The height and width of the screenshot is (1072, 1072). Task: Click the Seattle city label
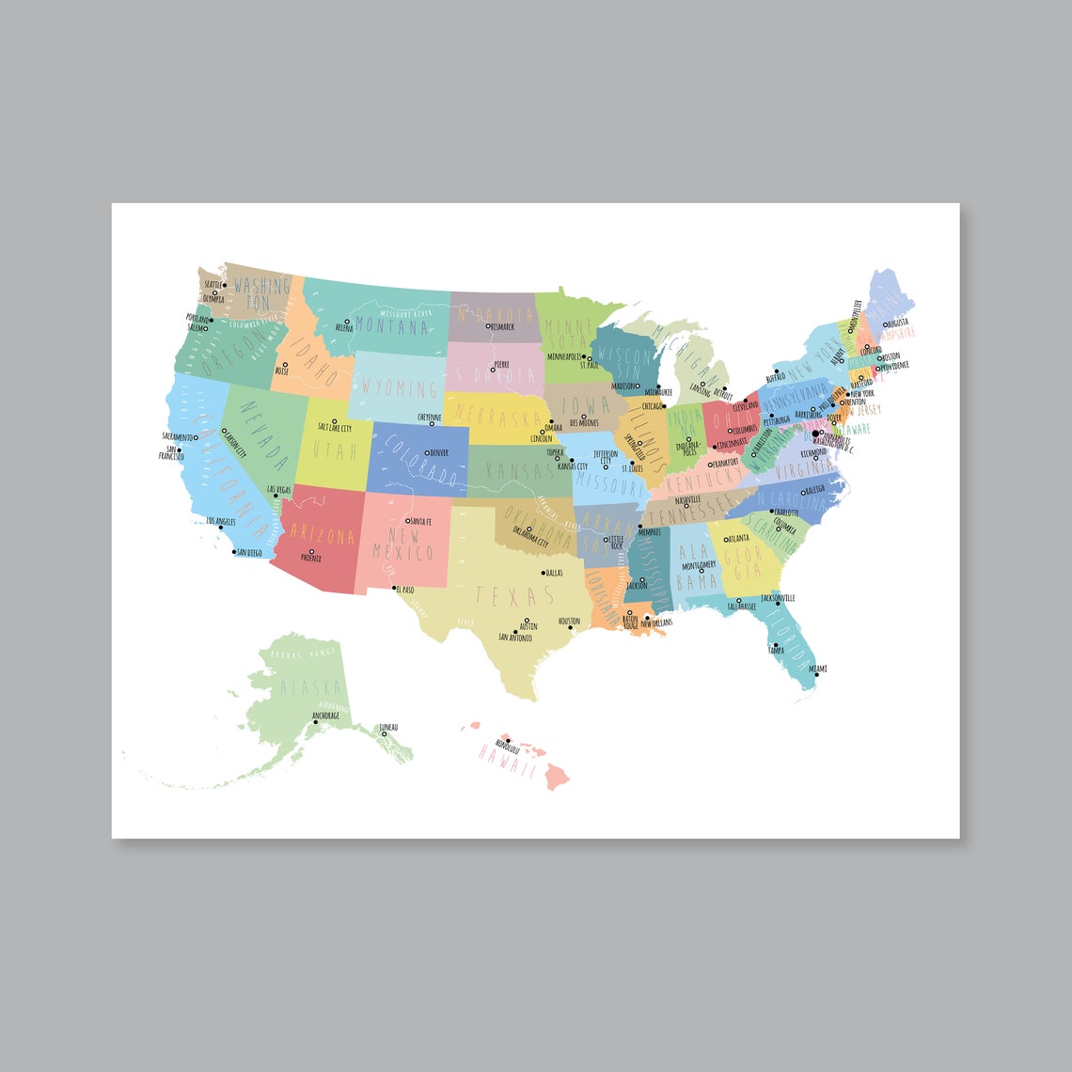tap(213, 284)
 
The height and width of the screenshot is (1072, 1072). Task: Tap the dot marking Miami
tap(810, 674)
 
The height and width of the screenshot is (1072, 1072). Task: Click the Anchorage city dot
tap(315, 722)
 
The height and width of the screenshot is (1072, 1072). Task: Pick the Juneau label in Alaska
tap(387, 727)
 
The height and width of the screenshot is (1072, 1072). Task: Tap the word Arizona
tap(323, 536)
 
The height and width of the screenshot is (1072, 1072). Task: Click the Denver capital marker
tap(427, 453)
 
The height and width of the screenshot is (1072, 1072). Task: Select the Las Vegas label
tap(279, 490)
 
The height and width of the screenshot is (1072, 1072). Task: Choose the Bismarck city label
tap(500, 326)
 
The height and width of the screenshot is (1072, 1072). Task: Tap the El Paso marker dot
tap(393, 590)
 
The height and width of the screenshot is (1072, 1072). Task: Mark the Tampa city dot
tap(776, 645)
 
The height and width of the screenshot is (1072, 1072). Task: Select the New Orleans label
tap(657, 623)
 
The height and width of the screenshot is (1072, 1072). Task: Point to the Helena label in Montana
tap(344, 328)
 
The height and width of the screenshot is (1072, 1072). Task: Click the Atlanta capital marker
tap(725, 539)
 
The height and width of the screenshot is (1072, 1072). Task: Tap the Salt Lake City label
tap(335, 428)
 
